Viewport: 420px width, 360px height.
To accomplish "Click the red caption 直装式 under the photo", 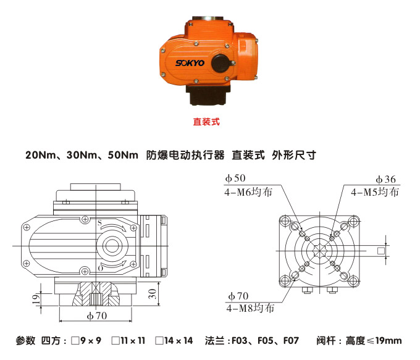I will (x=207, y=122).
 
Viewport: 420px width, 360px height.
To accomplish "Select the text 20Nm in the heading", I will (x=40, y=155).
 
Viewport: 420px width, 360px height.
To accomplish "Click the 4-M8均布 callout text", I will (x=251, y=307).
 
